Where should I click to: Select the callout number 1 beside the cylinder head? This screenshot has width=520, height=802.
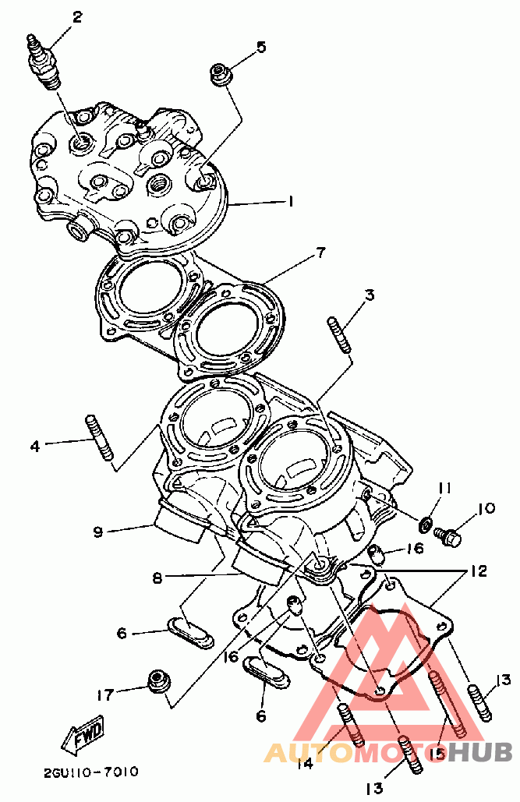[x=290, y=202]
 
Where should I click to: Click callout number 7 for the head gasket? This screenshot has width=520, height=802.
[x=320, y=253]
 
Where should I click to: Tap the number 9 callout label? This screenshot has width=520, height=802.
[x=97, y=532]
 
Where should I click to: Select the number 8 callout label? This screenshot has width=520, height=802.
[x=157, y=578]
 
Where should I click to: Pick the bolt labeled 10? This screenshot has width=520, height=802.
[x=448, y=536]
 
